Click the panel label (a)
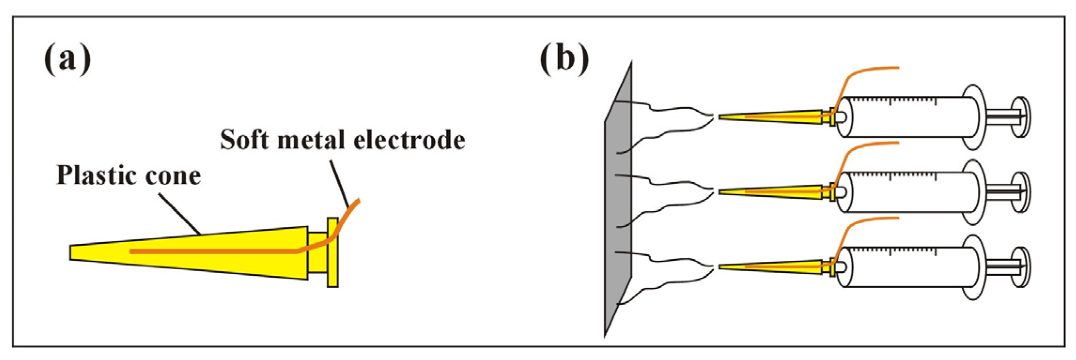67,59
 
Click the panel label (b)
564,59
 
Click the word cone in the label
173,176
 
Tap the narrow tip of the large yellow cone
75,252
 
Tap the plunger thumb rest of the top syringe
1021,117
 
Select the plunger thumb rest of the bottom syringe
1021,267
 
